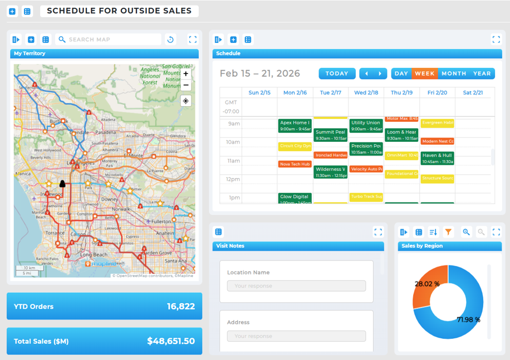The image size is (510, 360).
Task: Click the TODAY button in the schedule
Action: coord(337,73)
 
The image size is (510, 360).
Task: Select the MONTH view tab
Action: coord(454,73)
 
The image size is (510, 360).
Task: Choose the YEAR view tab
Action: coord(482,73)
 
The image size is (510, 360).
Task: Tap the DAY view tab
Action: coord(401,73)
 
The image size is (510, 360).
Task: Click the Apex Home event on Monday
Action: coord(295,126)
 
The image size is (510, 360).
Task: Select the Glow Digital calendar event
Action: coord(295,198)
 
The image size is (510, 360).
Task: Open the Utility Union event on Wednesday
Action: coord(366,126)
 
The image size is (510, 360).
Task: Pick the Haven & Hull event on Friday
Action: coord(437,159)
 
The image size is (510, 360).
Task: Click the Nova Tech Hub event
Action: coord(295,164)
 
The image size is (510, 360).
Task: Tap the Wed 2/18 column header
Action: coord(366,93)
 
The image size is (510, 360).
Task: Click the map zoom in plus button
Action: coord(186,73)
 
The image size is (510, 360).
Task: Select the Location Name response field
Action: coord(296,286)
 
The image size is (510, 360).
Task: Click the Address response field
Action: coord(296,336)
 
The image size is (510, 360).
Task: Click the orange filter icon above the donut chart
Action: coord(448,232)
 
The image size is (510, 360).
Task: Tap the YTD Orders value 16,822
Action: coord(180,307)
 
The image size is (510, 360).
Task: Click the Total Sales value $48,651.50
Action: coord(171,341)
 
